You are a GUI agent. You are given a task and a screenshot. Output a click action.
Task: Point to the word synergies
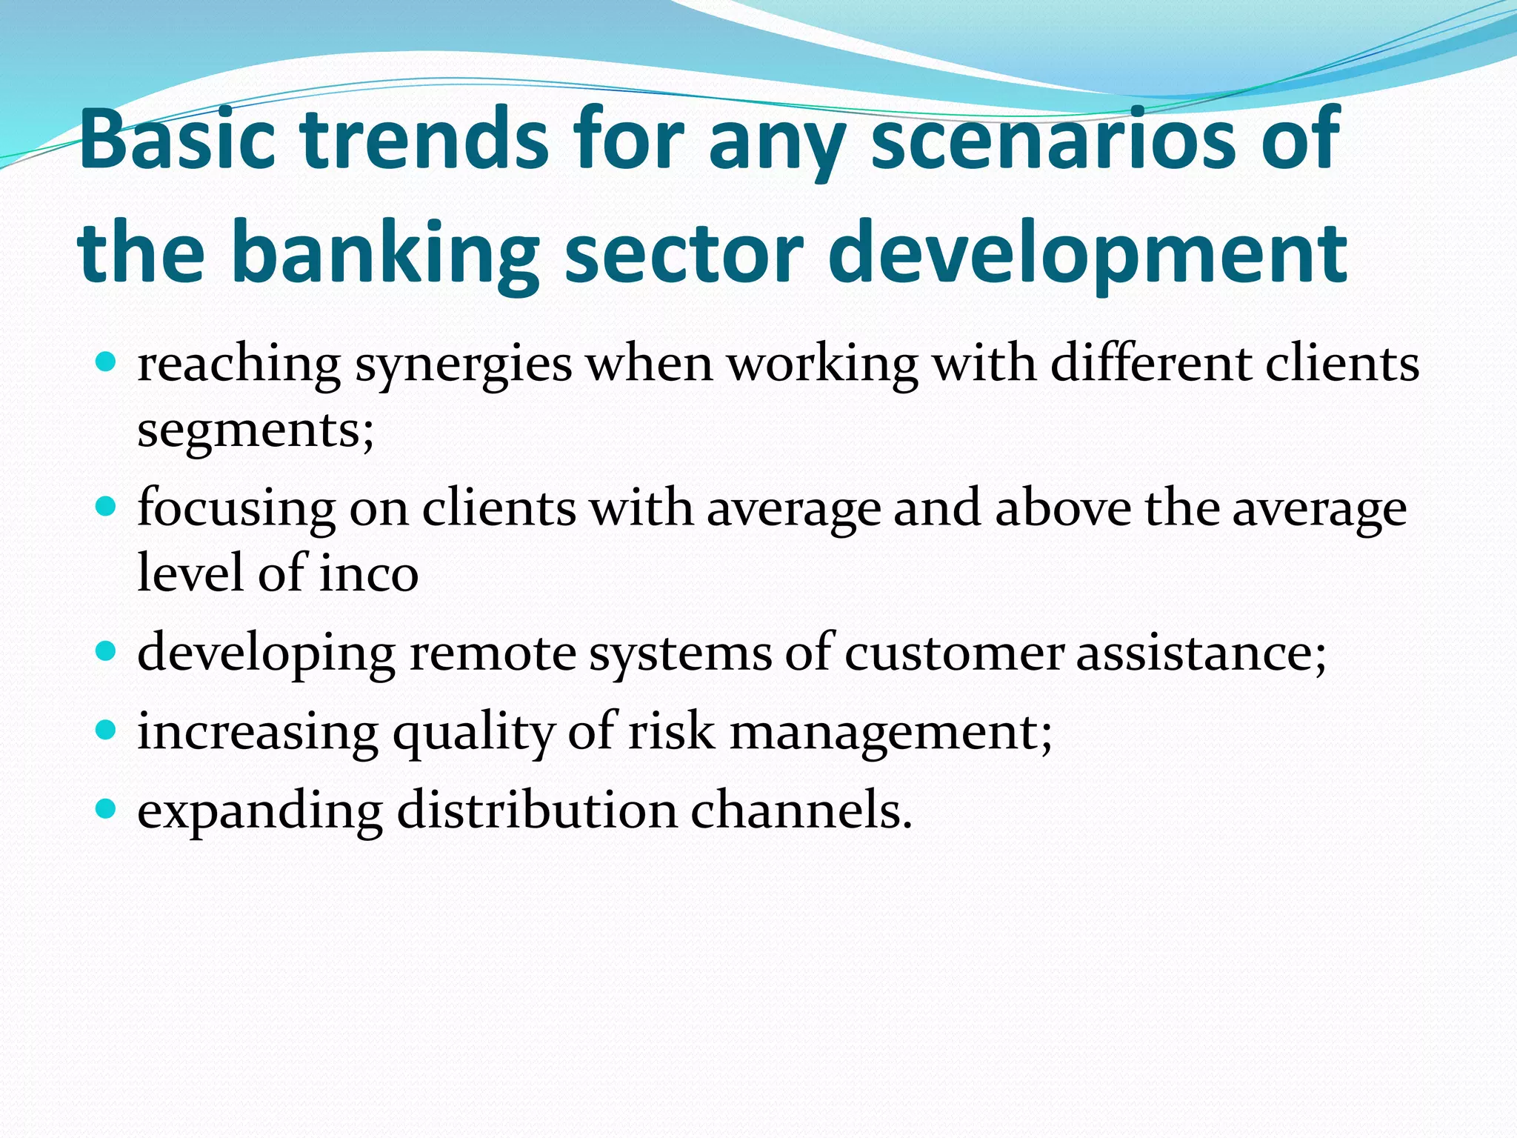[x=464, y=366]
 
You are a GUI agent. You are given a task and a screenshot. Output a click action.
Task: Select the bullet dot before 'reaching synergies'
[x=107, y=362]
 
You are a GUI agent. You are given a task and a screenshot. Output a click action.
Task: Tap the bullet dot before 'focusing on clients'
[x=107, y=508]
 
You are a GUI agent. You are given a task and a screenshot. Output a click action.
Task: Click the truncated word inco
[x=368, y=573]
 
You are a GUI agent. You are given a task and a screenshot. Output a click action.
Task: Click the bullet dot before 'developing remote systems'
[x=107, y=652]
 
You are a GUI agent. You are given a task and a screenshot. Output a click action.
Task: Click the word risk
[x=672, y=732]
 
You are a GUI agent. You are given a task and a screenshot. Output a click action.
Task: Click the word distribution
[x=537, y=811]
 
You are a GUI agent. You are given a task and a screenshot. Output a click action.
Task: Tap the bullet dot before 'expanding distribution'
[x=107, y=809]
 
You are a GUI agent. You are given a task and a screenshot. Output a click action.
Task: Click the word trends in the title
[x=427, y=139]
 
